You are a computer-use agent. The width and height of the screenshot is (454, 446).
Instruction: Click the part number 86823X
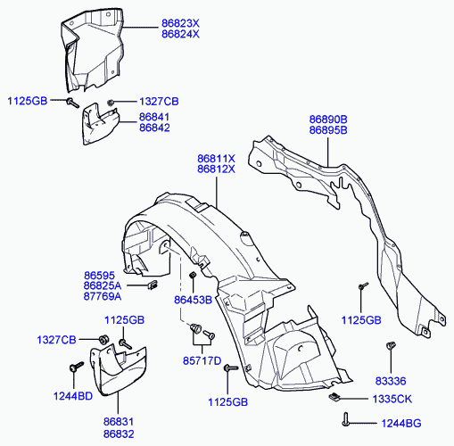tap(180, 23)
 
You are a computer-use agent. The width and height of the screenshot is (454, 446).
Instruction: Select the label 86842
tap(154, 128)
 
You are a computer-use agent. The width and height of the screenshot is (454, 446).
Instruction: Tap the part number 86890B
tap(328, 120)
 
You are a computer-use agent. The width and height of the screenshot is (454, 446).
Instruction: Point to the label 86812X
tap(216, 169)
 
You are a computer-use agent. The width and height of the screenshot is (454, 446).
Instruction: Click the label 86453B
tap(193, 300)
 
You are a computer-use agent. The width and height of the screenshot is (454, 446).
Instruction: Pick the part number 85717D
tap(202, 361)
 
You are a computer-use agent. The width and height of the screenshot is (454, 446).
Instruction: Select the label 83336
tap(391, 381)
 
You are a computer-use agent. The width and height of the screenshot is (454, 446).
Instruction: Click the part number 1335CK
tap(392, 399)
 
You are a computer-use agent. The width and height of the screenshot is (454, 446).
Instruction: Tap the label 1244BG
tap(401, 423)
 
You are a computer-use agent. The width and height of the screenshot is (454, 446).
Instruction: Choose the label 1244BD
tap(73, 396)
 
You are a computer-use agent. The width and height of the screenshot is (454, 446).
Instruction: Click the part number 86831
tap(119, 422)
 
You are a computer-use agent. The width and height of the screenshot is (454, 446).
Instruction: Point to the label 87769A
tap(103, 296)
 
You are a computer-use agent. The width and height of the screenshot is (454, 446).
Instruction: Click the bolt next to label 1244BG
tap(345, 419)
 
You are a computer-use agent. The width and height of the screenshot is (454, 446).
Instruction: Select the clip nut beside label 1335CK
tap(334, 396)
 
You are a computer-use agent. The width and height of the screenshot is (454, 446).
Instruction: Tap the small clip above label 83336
tap(391, 345)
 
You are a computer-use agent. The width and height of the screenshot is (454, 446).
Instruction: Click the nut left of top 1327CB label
tap(111, 103)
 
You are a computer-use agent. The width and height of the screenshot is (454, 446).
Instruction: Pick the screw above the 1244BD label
tap(76, 367)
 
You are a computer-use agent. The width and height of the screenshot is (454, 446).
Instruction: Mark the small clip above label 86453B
tap(193, 275)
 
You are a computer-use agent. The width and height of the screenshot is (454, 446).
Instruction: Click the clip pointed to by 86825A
tap(153, 285)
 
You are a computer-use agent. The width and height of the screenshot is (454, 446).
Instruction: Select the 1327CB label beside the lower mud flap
tap(56, 340)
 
